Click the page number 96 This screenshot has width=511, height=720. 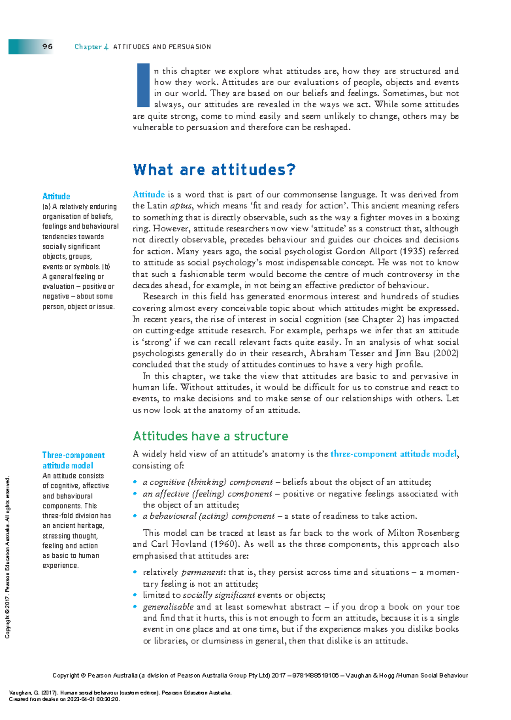pos(47,46)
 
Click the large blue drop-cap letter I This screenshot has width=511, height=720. pos(143,85)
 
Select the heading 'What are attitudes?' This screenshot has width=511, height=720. pos(214,170)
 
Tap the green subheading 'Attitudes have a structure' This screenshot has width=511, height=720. pos(210,436)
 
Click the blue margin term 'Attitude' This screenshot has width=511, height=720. pos(56,196)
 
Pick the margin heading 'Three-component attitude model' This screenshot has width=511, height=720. pos(73,460)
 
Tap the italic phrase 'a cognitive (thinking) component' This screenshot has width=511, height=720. pos(207,482)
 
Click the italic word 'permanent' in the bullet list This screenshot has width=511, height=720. pos(202,573)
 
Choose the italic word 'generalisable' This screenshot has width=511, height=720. pos(168,607)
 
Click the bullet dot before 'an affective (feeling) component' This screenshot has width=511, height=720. pos(135,493)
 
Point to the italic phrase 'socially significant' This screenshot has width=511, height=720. pos(219,595)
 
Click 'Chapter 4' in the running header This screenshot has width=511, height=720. pos(91,47)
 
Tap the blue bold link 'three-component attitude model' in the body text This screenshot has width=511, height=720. pos(393,454)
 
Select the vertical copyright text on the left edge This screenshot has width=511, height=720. pos(7,558)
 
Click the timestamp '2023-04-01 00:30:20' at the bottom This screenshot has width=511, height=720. pos(94,699)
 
